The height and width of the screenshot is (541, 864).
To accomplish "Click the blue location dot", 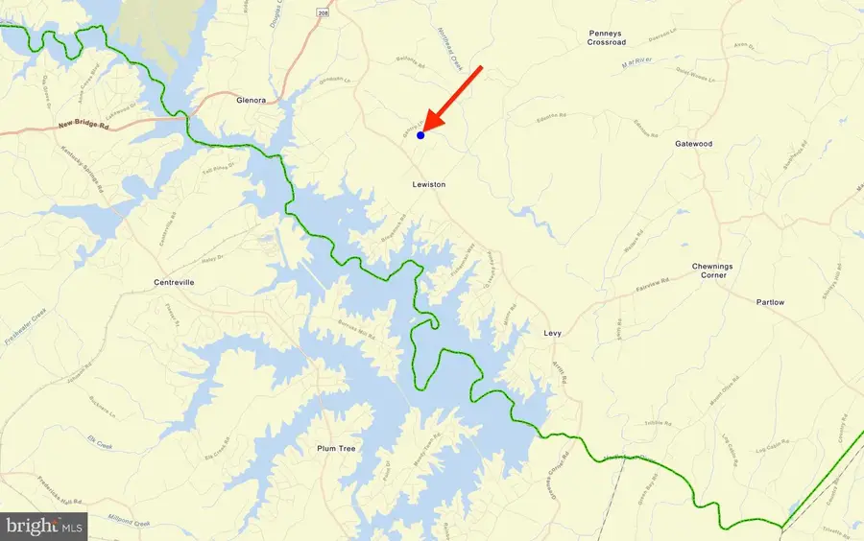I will coord(420,135).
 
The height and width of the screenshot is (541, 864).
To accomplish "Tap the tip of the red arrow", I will coord(426,129).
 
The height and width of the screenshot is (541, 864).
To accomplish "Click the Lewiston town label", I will coord(429,184).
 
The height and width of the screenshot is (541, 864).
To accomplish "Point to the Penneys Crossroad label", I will coord(607,37).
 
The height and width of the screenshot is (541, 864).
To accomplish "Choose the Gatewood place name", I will coord(694,144).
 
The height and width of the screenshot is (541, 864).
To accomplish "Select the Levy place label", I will coord(551,334).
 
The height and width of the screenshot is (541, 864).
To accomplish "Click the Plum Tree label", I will coord(336,448).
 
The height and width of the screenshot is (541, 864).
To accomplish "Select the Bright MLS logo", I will coord(45,525).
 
